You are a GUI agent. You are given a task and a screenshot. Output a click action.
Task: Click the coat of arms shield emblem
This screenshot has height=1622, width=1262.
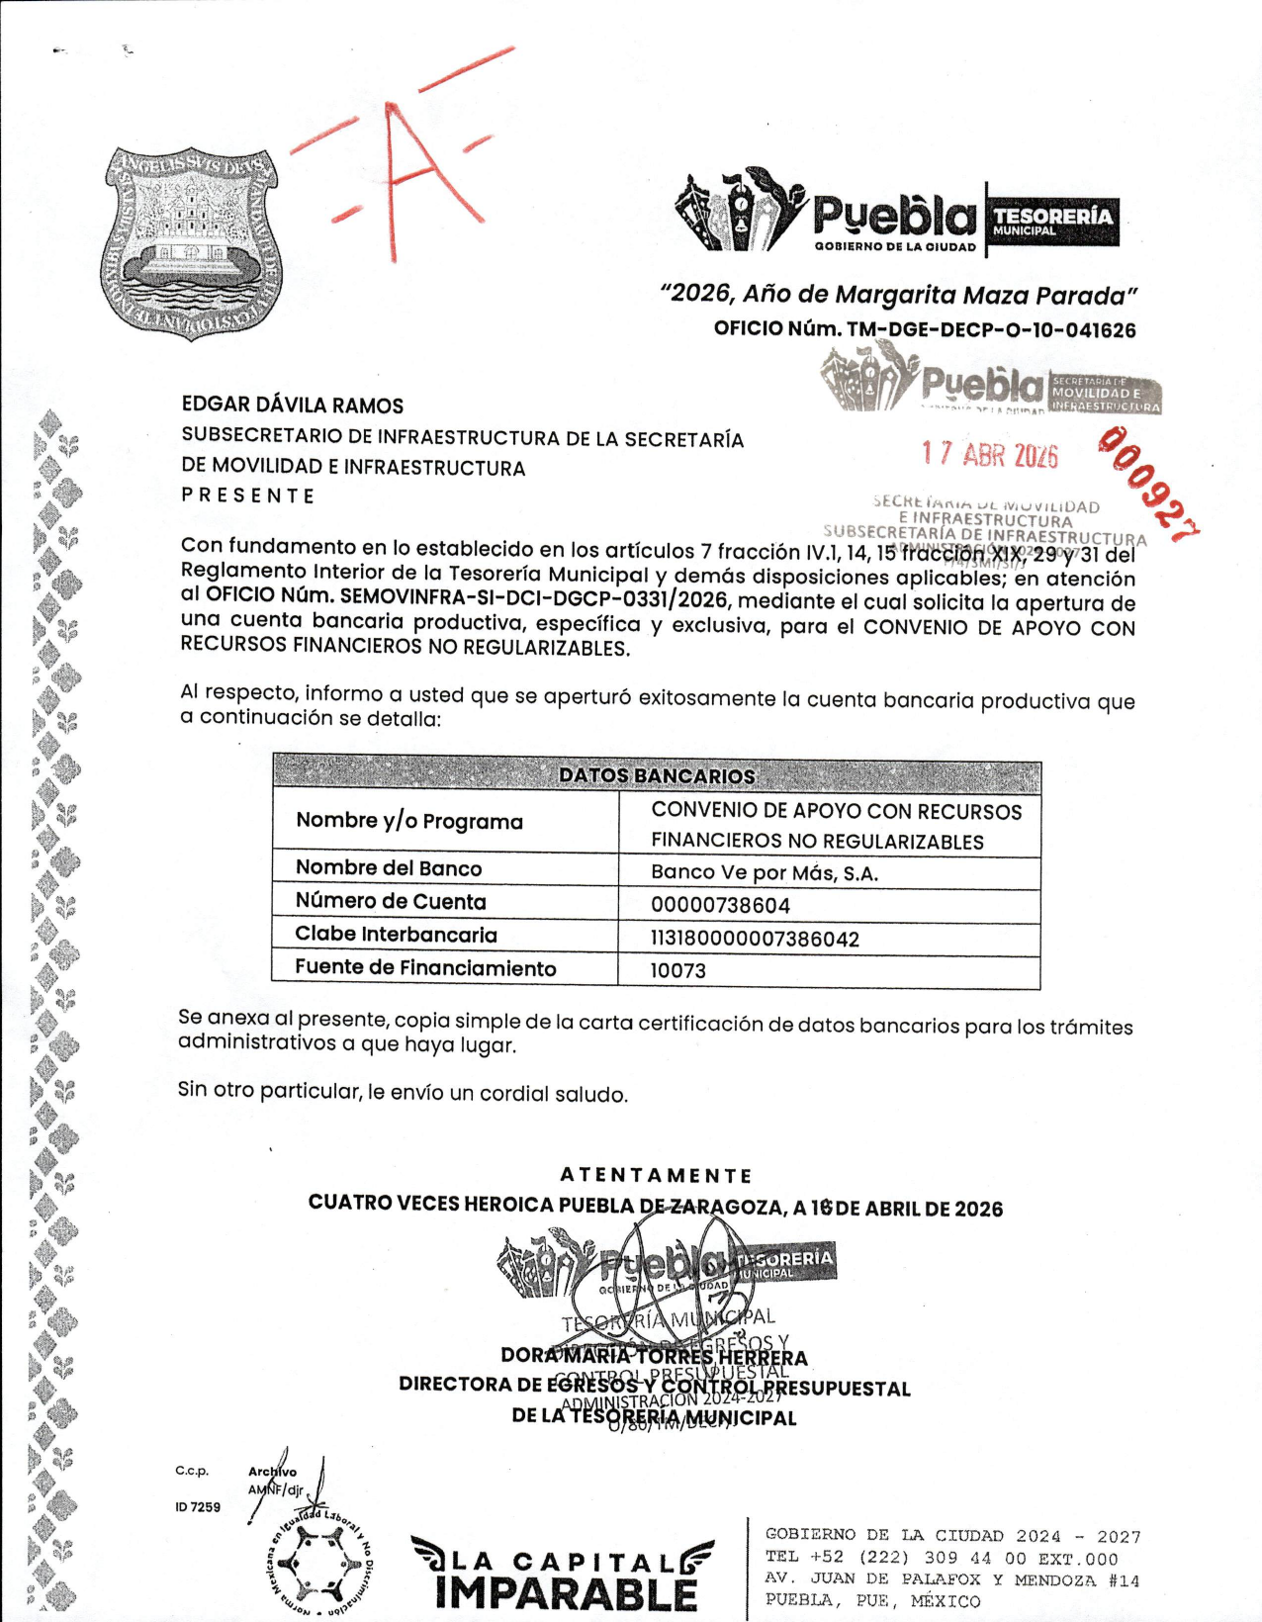click(192, 244)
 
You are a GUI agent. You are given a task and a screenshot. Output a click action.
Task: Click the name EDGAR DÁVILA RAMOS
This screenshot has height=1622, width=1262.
click(293, 405)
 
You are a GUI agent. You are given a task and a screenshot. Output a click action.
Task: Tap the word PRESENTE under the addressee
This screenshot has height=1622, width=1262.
click(248, 496)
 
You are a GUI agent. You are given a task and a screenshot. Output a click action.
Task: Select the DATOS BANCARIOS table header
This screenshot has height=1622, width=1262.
click(657, 775)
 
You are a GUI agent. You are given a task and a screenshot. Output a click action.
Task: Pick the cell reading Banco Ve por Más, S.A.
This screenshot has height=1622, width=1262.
click(765, 873)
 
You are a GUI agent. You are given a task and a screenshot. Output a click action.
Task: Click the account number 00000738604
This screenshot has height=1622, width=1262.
click(720, 905)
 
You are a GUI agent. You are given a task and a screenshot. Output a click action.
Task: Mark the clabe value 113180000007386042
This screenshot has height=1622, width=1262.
click(755, 939)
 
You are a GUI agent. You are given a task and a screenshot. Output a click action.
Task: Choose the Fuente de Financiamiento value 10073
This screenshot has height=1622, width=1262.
click(678, 971)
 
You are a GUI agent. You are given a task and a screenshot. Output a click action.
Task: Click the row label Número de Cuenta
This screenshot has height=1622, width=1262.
click(391, 901)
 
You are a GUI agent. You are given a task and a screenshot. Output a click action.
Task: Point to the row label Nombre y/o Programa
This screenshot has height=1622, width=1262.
click(409, 821)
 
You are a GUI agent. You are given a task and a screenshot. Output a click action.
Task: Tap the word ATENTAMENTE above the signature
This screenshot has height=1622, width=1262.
click(656, 1175)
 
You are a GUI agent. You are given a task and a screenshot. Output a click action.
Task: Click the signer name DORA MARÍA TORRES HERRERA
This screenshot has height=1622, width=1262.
click(654, 1357)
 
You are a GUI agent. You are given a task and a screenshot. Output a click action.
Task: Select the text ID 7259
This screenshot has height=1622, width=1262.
click(198, 1507)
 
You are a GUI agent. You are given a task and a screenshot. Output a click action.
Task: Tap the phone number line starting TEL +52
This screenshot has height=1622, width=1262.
click(941, 1558)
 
